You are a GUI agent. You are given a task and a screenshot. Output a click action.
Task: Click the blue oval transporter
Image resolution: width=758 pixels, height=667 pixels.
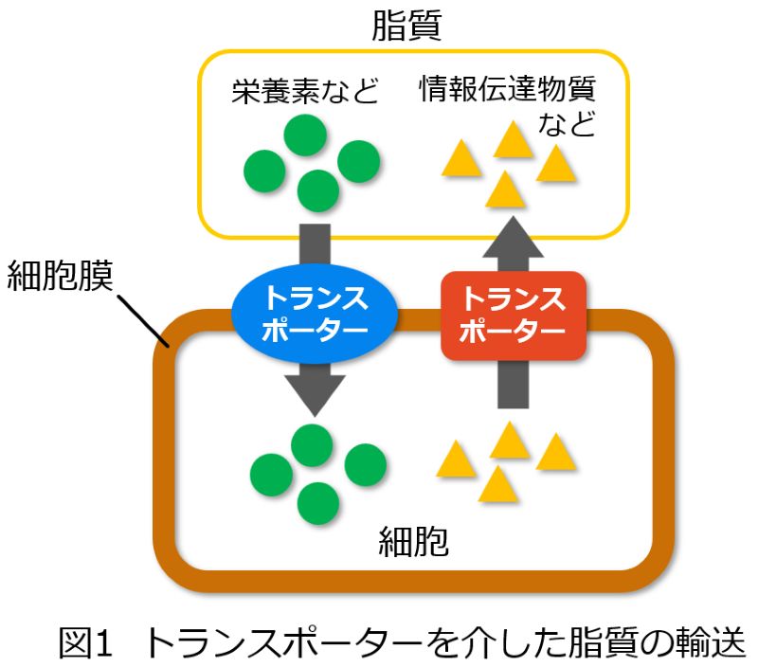coord(315,314)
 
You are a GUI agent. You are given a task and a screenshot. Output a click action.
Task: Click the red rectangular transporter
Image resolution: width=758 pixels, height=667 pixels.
coord(514,315)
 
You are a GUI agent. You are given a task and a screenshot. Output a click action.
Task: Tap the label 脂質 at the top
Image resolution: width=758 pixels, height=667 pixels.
coord(406,26)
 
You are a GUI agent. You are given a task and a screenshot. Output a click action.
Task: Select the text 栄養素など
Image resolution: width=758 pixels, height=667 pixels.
coord(305,91)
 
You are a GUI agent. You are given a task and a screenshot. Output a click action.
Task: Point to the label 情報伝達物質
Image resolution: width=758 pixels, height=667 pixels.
coord(507,89)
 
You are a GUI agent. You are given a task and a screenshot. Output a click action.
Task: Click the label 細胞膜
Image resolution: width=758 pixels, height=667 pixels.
coord(60,276)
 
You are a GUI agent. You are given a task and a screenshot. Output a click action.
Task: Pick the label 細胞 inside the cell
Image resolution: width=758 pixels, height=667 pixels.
coord(414,541)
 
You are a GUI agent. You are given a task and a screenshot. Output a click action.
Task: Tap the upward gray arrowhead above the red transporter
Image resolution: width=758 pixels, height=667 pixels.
coord(513,237)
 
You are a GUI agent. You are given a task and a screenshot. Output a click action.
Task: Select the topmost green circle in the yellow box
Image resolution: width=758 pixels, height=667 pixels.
coord(305,135)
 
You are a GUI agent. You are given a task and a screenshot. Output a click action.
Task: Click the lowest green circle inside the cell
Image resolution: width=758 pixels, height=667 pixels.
coord(318,504)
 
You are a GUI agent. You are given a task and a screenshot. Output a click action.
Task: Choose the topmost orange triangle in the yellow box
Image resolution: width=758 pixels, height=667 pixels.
coord(513,140)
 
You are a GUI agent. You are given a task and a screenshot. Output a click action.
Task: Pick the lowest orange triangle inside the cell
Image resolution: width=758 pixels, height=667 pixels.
coord(498,485)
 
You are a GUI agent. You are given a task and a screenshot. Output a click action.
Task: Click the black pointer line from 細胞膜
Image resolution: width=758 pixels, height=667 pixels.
coord(143,320)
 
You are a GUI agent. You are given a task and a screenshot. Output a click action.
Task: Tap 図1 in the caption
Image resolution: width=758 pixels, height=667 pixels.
coord(85,643)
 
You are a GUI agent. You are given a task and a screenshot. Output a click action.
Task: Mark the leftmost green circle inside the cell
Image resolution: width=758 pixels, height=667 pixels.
coord(271,475)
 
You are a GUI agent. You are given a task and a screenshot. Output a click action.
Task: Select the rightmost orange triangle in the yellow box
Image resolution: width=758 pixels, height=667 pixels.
coord(556,164)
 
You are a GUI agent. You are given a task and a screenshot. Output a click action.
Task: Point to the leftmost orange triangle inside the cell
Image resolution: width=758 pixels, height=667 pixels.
coord(457,460)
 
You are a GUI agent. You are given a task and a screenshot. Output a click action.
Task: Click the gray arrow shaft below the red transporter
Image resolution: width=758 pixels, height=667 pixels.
coord(513,384)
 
